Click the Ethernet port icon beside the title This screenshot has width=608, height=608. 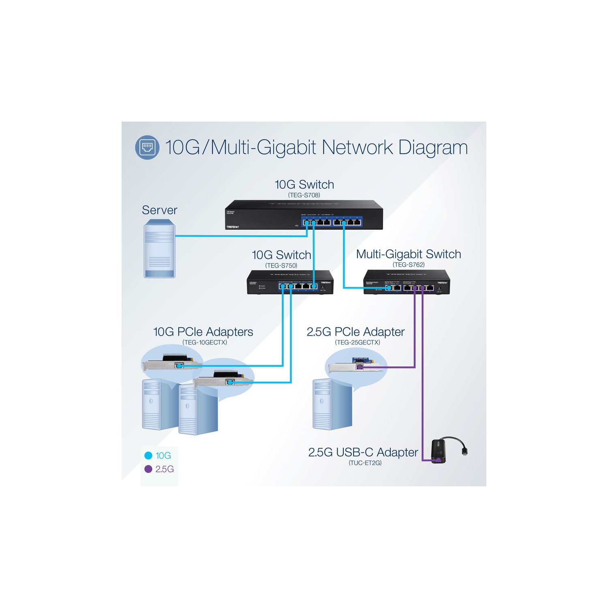pyautogui.click(x=147, y=147)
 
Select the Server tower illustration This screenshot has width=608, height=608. pyautogui.click(x=160, y=248)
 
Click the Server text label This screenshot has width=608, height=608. pyautogui.click(x=160, y=210)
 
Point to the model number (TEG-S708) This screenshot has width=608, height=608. pyautogui.click(x=304, y=195)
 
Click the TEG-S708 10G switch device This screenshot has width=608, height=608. pyautogui.click(x=304, y=215)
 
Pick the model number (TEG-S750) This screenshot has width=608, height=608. pyautogui.click(x=281, y=265)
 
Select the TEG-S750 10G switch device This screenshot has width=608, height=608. pyautogui.click(x=290, y=282)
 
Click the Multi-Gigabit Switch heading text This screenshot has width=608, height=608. pyautogui.click(x=409, y=254)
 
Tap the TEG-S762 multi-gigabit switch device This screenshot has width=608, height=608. pyautogui.click(x=407, y=282)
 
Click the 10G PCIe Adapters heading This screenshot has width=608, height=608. pyautogui.click(x=203, y=332)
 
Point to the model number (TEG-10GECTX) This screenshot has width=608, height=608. pyautogui.click(x=205, y=343)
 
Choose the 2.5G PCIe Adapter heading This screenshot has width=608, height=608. pyautogui.click(x=355, y=332)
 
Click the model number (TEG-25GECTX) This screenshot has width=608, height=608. pyautogui.click(x=358, y=343)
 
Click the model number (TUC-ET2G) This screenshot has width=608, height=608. pyautogui.click(x=365, y=463)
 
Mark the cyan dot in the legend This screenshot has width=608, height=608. pyautogui.click(x=148, y=456)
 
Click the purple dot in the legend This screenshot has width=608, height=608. pyautogui.click(x=148, y=469)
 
